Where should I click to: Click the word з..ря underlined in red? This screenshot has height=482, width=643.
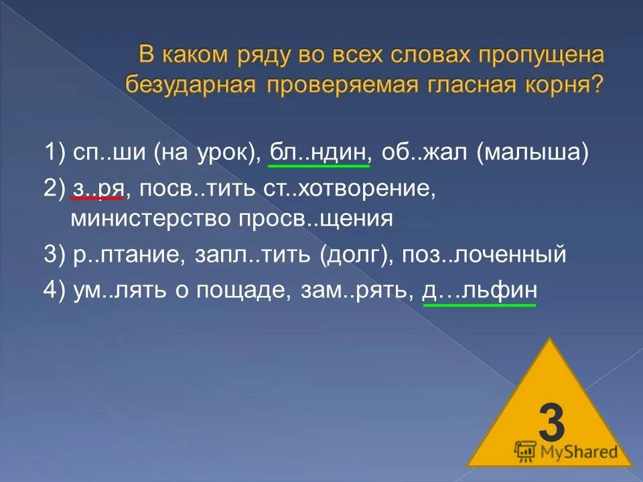coord(96,188)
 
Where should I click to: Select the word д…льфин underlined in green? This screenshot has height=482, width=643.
coord(480,291)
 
